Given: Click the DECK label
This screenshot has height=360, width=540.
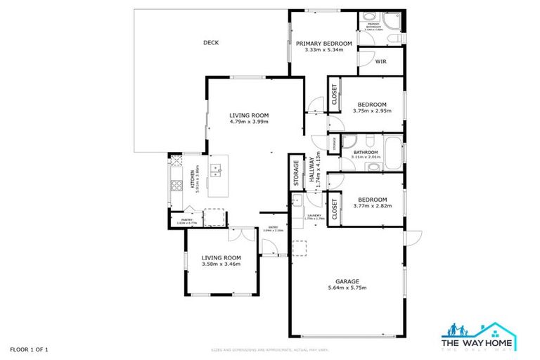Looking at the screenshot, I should click(x=211, y=43).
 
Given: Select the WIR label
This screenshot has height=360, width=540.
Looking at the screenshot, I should click(x=380, y=62).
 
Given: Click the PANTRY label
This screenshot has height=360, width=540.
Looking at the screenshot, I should click(x=187, y=219).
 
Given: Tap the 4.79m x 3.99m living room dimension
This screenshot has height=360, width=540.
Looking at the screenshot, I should click(x=249, y=122).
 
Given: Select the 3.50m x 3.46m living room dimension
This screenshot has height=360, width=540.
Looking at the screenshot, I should click(x=221, y=264).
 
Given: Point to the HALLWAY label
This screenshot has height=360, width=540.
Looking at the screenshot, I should click(x=311, y=174).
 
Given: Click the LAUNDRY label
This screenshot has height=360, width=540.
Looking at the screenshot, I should click(x=314, y=216).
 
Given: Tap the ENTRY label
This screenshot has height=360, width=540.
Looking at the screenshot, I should click(x=273, y=226).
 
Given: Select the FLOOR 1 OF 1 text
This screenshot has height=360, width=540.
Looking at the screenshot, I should click(x=30, y=349).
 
